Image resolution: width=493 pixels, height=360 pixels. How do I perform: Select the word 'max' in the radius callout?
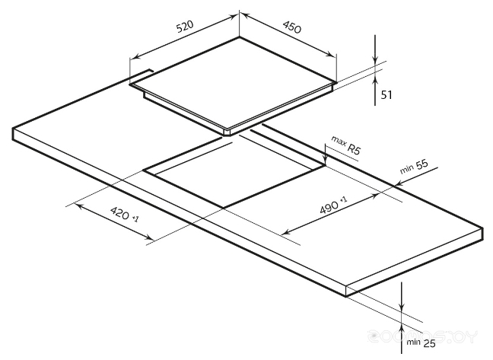pos(338,142)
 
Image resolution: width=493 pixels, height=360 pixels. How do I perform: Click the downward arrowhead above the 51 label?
pos(376,58)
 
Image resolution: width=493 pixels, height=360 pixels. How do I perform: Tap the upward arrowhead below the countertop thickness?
pos(402,312)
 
